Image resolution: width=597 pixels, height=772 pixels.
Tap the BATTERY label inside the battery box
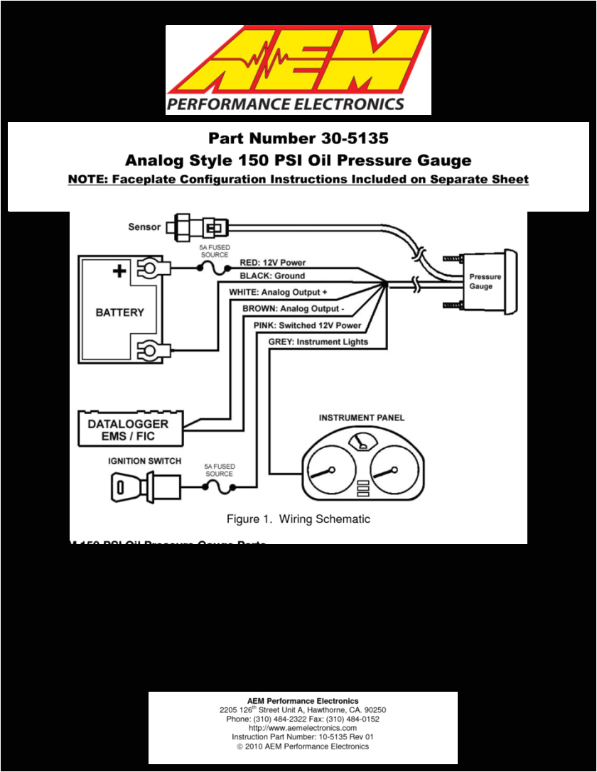click(119, 312)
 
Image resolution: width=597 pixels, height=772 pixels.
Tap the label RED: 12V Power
click(272, 263)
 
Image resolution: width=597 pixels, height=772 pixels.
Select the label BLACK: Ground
click(271, 276)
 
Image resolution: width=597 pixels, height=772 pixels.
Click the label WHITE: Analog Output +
click(278, 292)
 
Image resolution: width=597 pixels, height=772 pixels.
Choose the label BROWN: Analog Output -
click(293, 309)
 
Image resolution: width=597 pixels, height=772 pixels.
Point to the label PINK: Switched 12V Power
click(307, 325)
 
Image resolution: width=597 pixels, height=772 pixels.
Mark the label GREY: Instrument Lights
click(318, 342)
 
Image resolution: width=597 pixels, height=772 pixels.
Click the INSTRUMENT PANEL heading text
click(361, 418)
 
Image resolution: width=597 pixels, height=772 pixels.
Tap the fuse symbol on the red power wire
click(213, 268)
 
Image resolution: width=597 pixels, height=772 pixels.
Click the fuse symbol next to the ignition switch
click(219, 486)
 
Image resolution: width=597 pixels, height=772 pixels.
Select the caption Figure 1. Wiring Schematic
click(298, 519)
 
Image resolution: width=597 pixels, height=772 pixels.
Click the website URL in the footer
click(303, 728)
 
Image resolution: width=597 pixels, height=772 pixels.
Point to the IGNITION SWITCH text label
click(144, 461)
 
